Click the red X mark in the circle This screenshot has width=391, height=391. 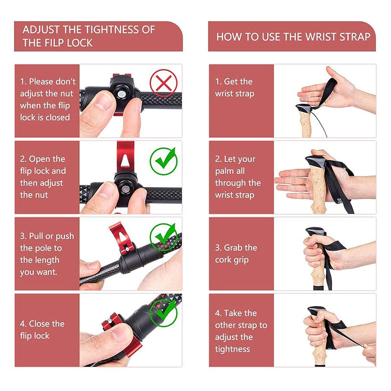point(164,83)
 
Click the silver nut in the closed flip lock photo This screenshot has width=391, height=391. point(121,94)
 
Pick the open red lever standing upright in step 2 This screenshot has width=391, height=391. point(126,156)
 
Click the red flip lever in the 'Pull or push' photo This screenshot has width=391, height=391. point(121,237)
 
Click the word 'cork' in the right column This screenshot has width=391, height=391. point(223,260)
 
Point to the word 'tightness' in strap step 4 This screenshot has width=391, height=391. point(233,349)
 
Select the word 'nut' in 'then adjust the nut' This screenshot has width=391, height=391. point(41,195)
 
